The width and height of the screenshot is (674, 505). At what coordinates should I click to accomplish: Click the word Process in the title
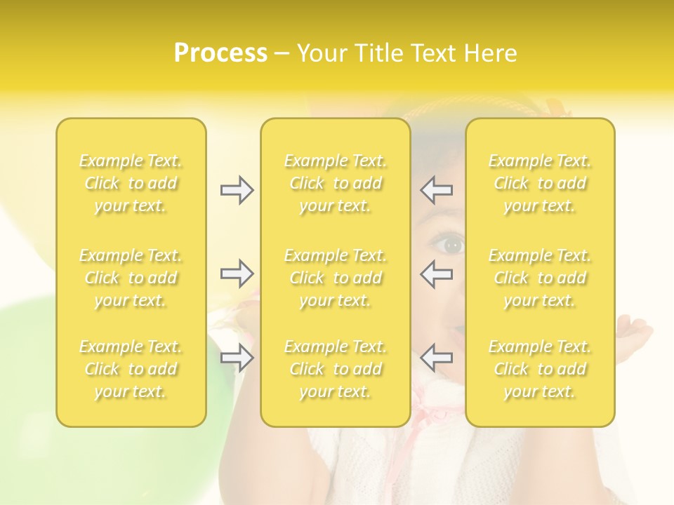(x=220, y=53)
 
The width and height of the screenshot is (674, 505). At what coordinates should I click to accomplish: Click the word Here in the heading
(x=489, y=53)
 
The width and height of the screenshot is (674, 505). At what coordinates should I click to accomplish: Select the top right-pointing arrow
(x=237, y=190)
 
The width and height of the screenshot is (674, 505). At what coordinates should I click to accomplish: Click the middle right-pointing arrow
(x=237, y=273)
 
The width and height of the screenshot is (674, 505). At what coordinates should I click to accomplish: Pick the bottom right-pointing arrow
(x=237, y=358)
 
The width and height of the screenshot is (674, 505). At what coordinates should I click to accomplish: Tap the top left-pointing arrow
(x=437, y=189)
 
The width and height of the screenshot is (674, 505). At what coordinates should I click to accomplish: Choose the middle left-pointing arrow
(x=437, y=273)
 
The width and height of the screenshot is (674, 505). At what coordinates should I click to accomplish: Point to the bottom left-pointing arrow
(x=437, y=358)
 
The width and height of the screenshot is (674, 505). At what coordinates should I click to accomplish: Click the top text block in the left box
(x=131, y=183)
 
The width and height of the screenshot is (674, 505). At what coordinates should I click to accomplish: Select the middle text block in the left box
(x=131, y=278)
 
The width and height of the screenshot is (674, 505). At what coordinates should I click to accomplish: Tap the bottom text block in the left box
(x=131, y=369)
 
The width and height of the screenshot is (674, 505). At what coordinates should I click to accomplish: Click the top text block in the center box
(x=335, y=183)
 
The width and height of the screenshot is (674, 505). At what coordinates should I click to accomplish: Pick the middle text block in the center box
(x=335, y=278)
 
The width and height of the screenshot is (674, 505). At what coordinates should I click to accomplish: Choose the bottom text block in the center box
(x=335, y=369)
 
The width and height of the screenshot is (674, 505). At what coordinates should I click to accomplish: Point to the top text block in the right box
(x=540, y=183)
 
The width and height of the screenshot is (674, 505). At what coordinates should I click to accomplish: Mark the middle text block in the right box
(x=540, y=278)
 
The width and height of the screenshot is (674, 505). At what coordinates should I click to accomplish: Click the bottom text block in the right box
(x=540, y=369)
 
